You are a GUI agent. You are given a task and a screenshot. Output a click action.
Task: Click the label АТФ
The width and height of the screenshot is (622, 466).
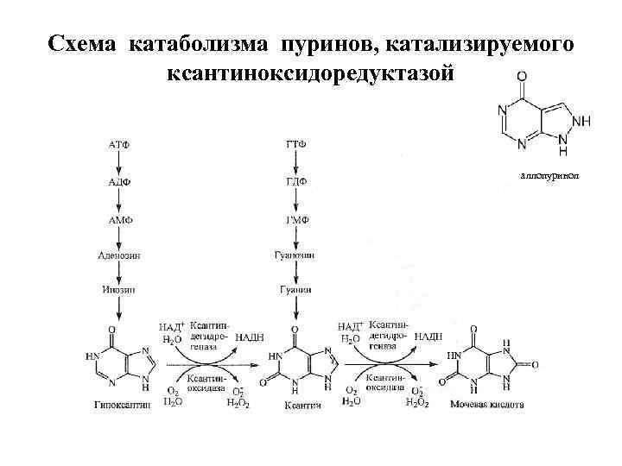point(119,143)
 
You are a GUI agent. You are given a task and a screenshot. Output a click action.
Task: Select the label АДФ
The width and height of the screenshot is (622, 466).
point(119,182)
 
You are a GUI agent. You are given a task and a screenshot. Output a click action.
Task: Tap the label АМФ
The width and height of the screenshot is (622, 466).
point(119,220)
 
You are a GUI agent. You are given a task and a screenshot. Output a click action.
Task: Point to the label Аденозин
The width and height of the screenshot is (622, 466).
point(119,256)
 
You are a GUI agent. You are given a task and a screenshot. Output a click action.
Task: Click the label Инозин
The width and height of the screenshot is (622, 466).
point(119,291)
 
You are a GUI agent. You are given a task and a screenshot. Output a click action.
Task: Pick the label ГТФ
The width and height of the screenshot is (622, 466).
point(295,143)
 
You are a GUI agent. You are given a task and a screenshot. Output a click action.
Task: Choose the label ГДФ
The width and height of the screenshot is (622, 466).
point(295,182)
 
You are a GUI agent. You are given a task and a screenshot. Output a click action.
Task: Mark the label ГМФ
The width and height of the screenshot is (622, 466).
point(295,220)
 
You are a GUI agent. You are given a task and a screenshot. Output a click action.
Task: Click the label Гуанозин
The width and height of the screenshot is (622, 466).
point(295,256)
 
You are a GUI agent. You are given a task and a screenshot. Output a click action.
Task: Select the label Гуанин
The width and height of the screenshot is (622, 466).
point(295,291)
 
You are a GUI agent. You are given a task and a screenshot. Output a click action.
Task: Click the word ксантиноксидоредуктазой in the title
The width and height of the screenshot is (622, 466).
point(310,74)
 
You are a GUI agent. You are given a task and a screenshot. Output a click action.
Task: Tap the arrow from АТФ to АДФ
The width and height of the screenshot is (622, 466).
point(119,162)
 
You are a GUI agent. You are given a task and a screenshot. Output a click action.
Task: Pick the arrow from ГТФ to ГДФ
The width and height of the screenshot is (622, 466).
point(295,162)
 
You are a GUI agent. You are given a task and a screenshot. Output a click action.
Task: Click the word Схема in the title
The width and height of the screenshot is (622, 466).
point(83,43)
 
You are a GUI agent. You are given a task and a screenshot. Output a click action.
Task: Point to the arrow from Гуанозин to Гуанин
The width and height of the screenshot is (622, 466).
point(295,274)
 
